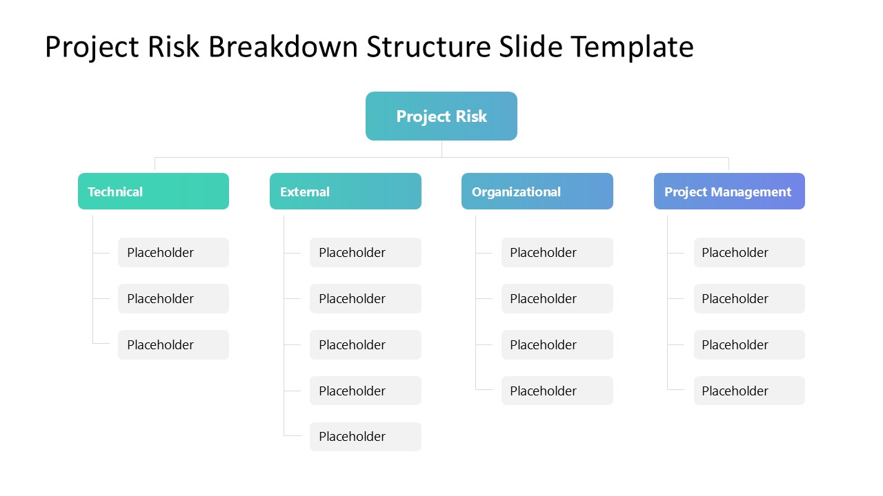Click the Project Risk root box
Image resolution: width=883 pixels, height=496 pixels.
coord(441,116)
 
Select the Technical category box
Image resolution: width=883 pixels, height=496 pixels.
coord(153,192)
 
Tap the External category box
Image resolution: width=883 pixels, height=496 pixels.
coord(345,192)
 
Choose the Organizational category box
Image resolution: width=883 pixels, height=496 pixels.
coord(537,192)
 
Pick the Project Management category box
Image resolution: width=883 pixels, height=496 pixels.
coord(729,192)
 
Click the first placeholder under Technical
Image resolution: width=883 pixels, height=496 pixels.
coord(173,253)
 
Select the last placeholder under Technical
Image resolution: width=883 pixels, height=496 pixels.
coord(173,344)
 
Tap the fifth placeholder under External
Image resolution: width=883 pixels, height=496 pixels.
coord(365,437)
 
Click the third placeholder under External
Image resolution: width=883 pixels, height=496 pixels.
coord(365,344)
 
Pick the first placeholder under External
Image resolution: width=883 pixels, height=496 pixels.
coord(365,253)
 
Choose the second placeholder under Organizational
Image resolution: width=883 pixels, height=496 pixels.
coord(557,299)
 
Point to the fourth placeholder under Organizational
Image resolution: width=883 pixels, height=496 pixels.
coord(557,391)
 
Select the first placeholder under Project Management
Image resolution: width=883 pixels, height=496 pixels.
coord(749,253)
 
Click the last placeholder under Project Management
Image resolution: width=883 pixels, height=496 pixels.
coord(749,391)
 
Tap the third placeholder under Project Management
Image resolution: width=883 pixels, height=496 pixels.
coord(749,344)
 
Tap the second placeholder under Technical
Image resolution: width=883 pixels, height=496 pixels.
coord(173,299)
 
